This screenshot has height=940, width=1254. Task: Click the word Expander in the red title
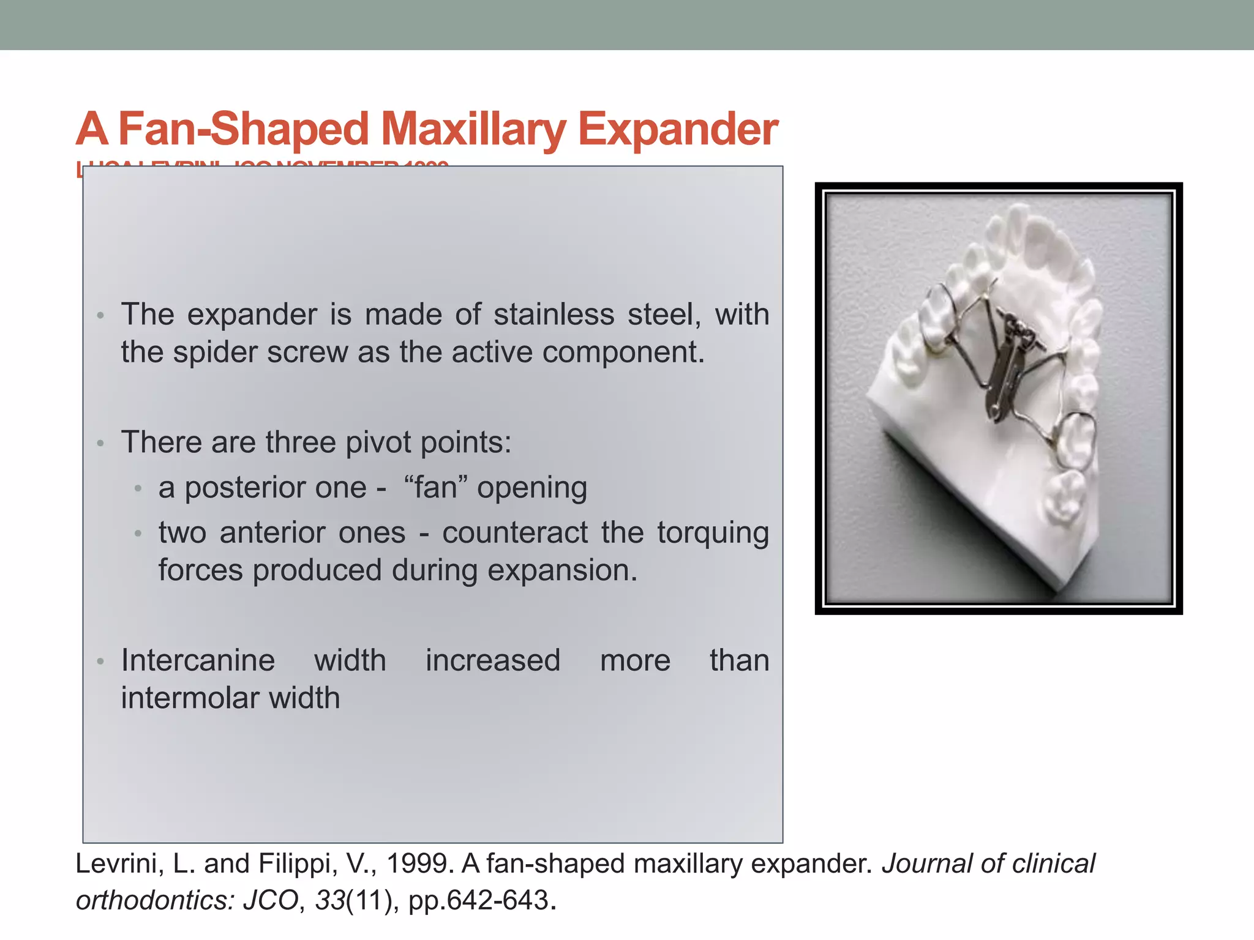pyautogui.click(x=678, y=130)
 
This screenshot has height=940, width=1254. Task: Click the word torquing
pyautogui.click(x=713, y=532)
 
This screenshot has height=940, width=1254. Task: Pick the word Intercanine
pyautogui.click(x=198, y=661)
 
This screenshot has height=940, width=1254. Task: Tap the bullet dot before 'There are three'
pyautogui.click(x=101, y=443)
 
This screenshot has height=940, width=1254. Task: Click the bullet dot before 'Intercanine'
pyautogui.click(x=101, y=662)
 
